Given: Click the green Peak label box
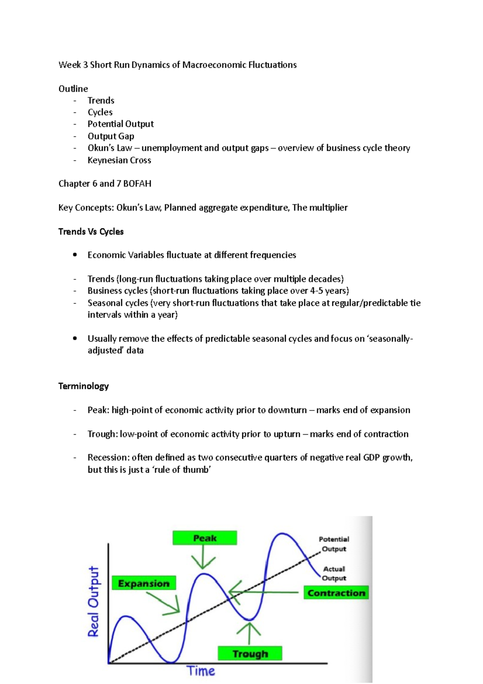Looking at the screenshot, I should pos(204,538).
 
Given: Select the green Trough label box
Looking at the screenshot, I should pos(250,653).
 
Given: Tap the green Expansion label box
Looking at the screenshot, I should pos(144,583).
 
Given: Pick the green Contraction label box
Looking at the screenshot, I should pos(336,593).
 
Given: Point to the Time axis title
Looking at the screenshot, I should pos(200,671).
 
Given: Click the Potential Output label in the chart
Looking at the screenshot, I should pos(334,544).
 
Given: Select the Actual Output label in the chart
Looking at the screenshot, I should pos(334,573).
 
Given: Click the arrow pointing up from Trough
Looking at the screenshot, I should pos(249,633).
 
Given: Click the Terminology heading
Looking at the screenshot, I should pos(83,386).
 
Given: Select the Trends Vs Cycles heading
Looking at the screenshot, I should pos(91,232).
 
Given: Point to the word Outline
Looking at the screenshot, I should pos(73,89).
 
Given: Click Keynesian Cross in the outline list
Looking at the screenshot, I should pos(119,160).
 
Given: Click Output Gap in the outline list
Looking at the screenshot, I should pos(111,136).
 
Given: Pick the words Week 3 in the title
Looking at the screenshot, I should pos(73,65).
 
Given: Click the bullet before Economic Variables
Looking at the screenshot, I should pos(75,255).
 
